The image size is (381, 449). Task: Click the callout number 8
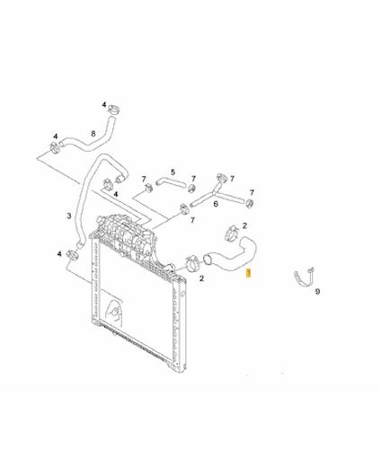point(93,134)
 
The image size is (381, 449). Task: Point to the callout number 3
point(69,216)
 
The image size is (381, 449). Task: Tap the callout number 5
point(173,172)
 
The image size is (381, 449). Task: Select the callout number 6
point(216,204)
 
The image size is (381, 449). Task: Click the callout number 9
point(317,291)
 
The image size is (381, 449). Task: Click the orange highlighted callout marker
point(248,274)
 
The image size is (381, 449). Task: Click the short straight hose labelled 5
point(171,182)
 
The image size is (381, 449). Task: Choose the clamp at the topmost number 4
point(114,109)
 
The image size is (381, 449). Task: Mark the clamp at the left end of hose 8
point(55,147)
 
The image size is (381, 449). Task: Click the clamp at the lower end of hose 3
point(72,255)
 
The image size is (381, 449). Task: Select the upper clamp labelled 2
point(232,233)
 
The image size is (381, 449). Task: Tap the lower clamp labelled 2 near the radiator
point(191,263)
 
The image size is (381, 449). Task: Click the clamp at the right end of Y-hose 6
point(249,203)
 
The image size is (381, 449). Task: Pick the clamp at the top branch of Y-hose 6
point(222,177)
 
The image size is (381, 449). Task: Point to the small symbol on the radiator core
point(115,312)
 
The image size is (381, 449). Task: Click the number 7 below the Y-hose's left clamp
point(192,220)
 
